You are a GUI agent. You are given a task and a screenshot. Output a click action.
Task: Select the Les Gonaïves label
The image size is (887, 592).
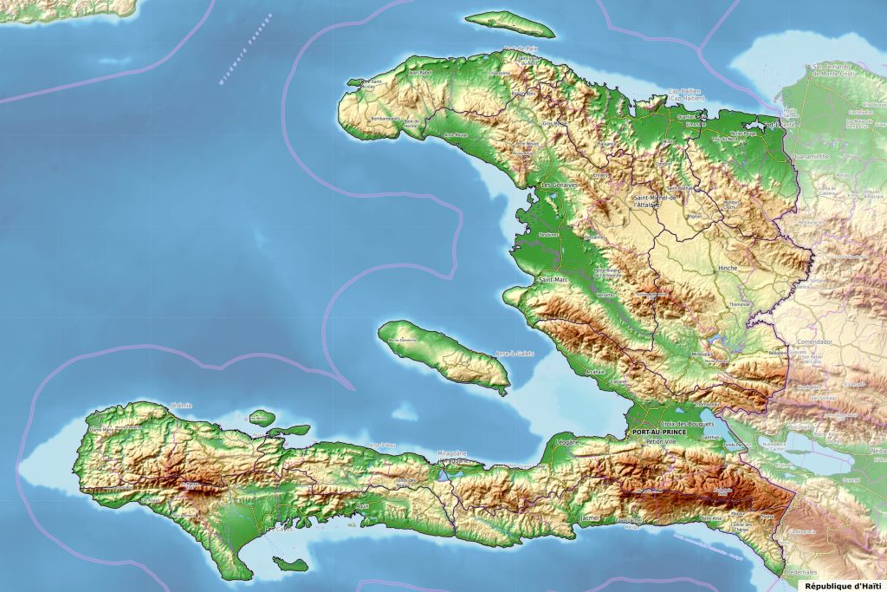coord(560,185)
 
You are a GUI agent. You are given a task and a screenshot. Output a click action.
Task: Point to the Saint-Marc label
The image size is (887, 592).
coord(553,280)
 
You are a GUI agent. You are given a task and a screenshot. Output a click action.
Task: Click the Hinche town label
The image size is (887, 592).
coord(728,269)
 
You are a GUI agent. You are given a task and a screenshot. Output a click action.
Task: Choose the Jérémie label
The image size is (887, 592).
coord(182,405)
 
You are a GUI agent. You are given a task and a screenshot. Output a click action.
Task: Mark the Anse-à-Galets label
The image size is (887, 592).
coord(514,354)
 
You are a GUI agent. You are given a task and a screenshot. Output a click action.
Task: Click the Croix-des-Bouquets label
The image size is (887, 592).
coord(690,423)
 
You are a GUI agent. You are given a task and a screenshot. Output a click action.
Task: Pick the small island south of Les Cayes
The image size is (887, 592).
coord(290,564)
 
